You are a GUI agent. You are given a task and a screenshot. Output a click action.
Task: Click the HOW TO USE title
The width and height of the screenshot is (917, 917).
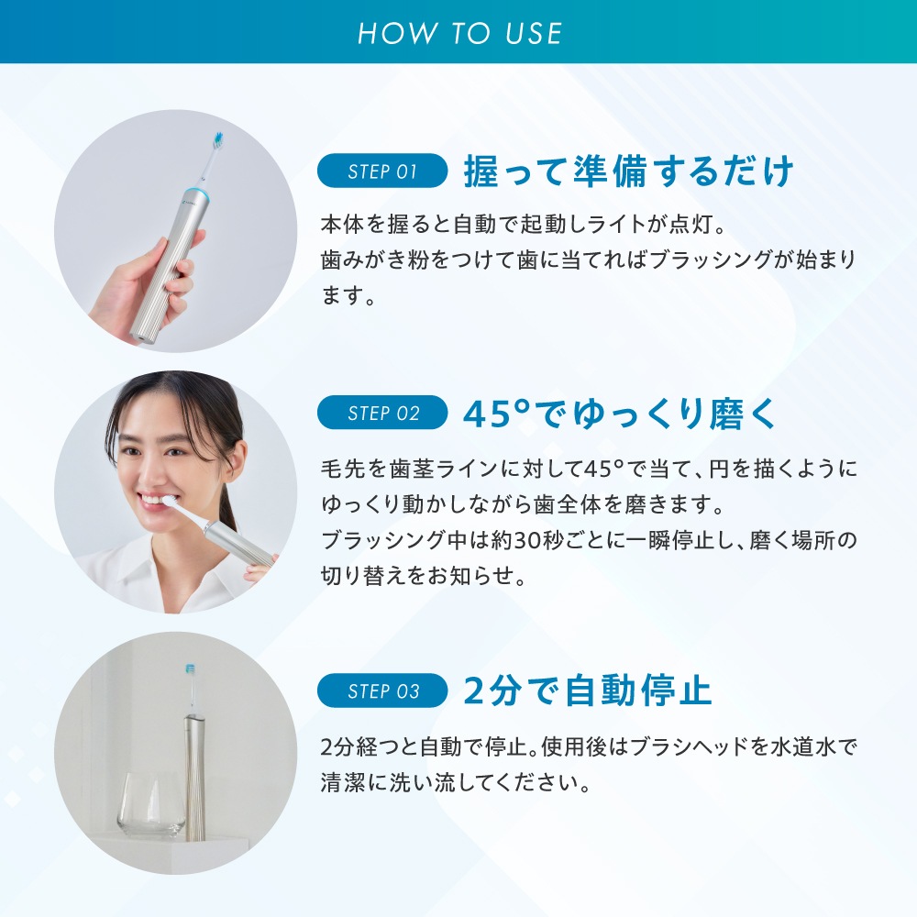pyautogui.click(x=459, y=33)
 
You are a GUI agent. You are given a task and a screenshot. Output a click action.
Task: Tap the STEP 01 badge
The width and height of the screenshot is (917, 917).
pyautogui.click(x=382, y=171)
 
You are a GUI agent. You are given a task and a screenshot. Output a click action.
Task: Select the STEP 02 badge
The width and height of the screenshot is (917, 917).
pyautogui.click(x=382, y=413)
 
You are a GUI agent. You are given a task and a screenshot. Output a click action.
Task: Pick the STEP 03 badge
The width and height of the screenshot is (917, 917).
pyautogui.click(x=382, y=691)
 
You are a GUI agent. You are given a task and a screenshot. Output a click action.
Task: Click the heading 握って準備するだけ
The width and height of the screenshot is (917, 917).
pyautogui.click(x=629, y=171)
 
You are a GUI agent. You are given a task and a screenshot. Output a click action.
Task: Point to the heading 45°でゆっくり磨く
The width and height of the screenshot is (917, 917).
pyautogui.click(x=619, y=414)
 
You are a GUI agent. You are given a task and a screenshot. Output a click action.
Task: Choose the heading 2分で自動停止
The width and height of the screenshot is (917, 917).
pyautogui.click(x=587, y=691)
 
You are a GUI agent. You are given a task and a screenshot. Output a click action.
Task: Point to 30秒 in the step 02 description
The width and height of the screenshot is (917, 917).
pyautogui.click(x=536, y=540)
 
